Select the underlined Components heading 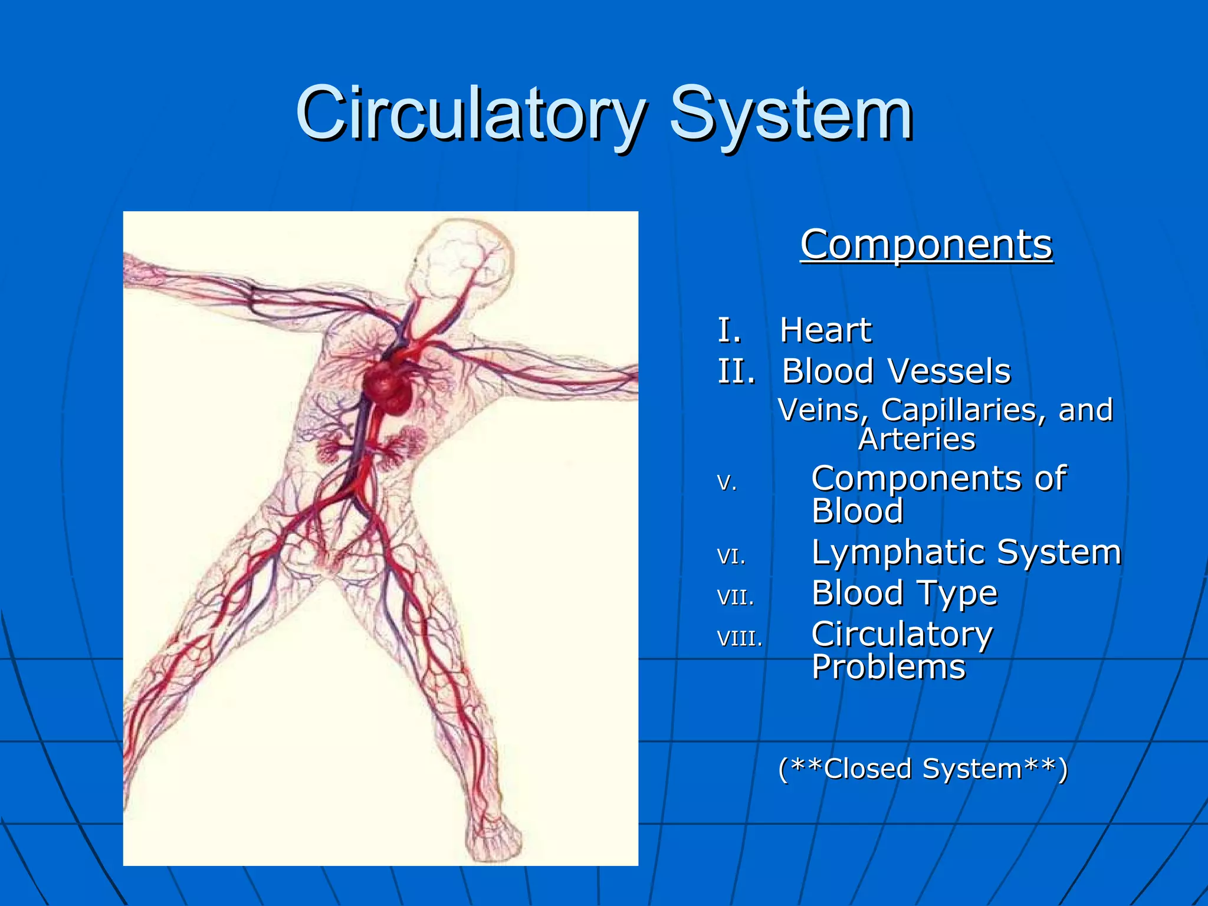click(x=926, y=245)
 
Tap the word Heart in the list click(x=825, y=330)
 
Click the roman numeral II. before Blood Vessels click(x=736, y=372)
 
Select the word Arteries click(x=917, y=439)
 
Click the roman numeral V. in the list click(x=727, y=483)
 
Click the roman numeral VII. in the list click(x=736, y=598)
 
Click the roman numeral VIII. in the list click(x=740, y=638)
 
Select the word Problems click(x=888, y=668)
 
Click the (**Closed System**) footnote click(x=923, y=769)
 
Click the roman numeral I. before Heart click(x=729, y=330)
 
